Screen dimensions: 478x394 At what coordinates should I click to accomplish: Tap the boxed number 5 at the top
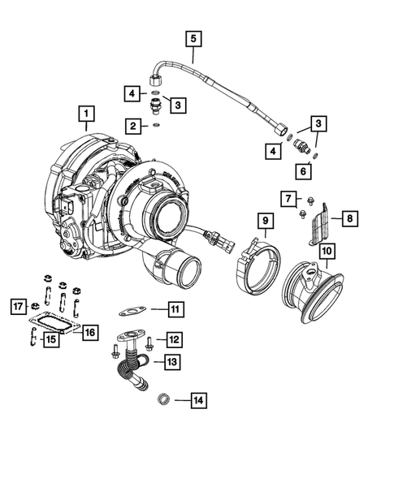point(193,37)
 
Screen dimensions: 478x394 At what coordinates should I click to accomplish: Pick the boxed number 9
point(264,219)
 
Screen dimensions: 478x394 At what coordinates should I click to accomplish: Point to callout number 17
point(16,306)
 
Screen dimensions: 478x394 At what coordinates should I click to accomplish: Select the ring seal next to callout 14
point(162,398)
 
